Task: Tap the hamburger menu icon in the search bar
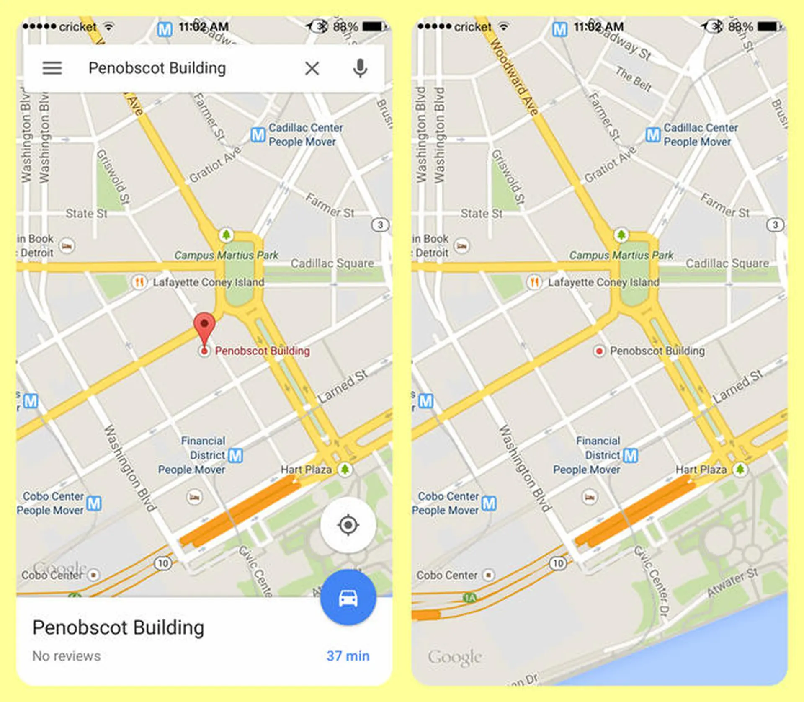(x=52, y=68)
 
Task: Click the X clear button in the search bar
(x=312, y=68)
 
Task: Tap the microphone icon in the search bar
(x=360, y=68)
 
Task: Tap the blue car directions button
(x=348, y=598)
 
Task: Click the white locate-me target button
(x=348, y=525)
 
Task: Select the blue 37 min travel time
(x=348, y=656)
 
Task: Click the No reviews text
(x=67, y=656)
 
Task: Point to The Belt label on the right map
(x=634, y=80)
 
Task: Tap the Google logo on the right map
(x=455, y=657)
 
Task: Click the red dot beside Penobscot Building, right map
(x=599, y=351)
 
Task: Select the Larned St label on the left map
(x=343, y=386)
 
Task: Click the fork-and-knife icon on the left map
(x=139, y=282)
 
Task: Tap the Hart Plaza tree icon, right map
(x=740, y=469)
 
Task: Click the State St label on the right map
(x=482, y=214)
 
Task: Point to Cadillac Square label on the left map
(x=332, y=263)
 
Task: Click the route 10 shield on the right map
(x=558, y=563)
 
